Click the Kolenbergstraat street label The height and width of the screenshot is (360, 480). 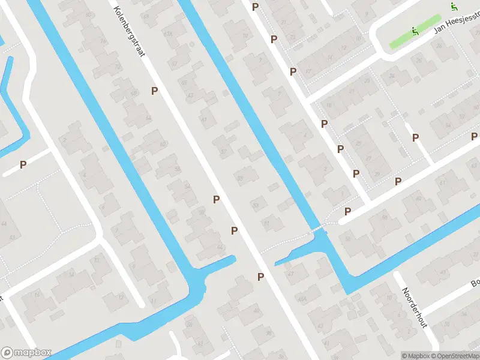[x=129, y=30]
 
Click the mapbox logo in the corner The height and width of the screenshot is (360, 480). [x=26, y=352]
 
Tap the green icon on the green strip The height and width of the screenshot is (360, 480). [x=414, y=31]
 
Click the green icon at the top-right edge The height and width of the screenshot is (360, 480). [x=454, y=7]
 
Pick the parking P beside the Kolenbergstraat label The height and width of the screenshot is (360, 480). [x=155, y=91]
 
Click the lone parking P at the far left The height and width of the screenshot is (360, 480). [x=23, y=164]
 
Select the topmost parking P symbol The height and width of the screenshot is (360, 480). [x=255, y=7]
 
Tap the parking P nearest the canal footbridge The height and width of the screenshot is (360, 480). [x=347, y=211]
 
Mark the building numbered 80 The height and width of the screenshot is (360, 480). [x=89, y=14]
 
